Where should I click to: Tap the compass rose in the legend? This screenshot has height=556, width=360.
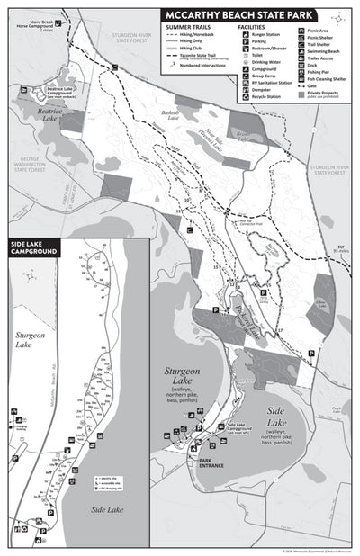[x=337, y=18]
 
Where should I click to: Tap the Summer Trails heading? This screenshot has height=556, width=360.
[x=190, y=28]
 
